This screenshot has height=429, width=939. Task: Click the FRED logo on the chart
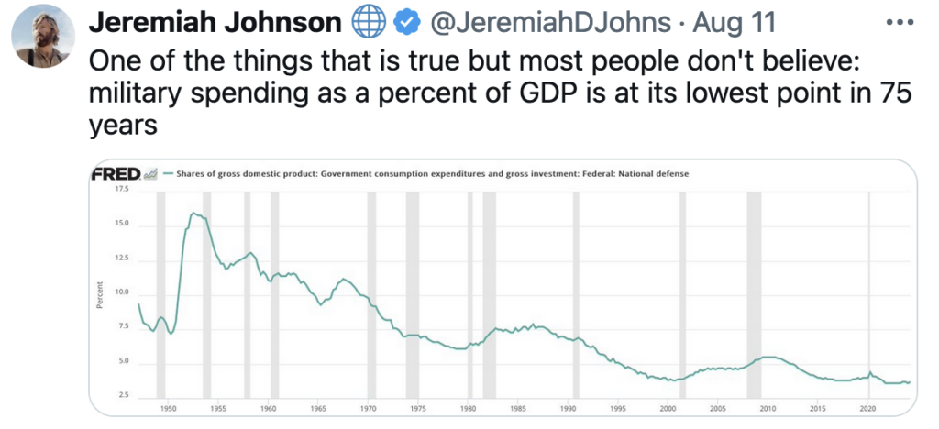coord(116,173)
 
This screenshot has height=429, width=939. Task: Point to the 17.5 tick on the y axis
coord(122,189)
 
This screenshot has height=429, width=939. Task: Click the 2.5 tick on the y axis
coord(122,396)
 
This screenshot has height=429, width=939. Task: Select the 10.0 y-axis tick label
coord(122,292)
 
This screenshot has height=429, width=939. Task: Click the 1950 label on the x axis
coord(168,406)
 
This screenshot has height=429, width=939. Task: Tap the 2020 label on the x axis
coord(868,406)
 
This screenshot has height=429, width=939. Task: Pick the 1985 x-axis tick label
coord(518,406)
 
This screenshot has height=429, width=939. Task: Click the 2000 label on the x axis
coord(668,406)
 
